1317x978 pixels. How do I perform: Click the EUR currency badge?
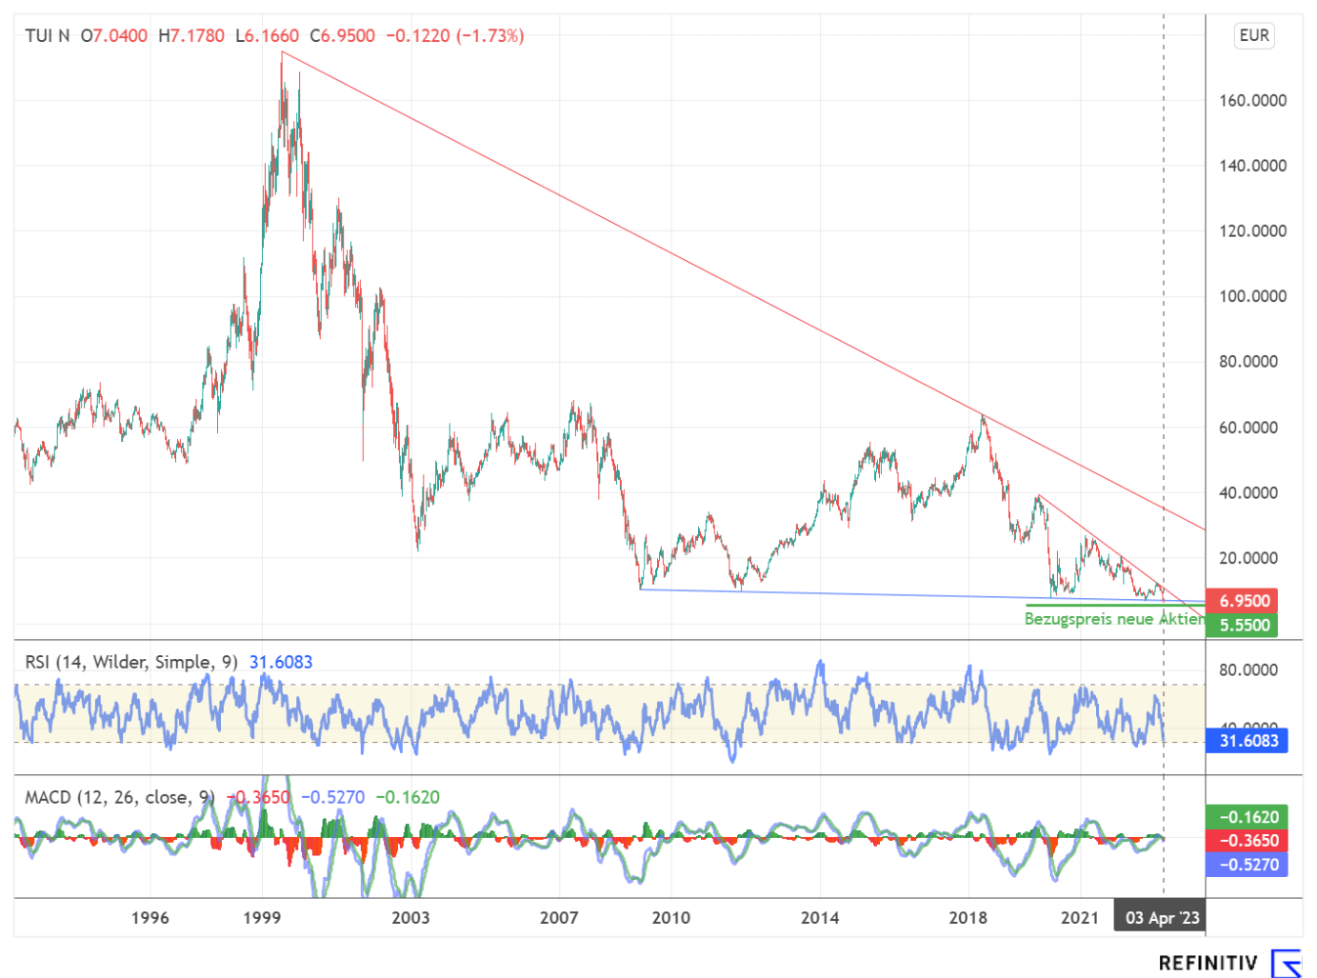tap(1253, 36)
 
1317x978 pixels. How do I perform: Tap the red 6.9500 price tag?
tap(1244, 601)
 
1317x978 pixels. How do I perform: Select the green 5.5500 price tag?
tap(1244, 626)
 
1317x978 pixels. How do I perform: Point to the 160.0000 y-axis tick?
tap(1252, 101)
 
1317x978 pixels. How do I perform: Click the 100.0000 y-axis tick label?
tap(1252, 296)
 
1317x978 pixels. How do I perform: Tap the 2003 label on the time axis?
tap(410, 918)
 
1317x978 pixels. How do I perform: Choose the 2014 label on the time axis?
tap(819, 918)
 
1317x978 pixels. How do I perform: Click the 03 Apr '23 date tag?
tap(1162, 918)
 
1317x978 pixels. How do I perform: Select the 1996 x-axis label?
tap(150, 918)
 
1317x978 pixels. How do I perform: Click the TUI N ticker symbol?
tap(48, 36)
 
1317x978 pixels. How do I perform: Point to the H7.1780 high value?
tap(191, 36)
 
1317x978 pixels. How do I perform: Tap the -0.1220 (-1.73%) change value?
tap(454, 36)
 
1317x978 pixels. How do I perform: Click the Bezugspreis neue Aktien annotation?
tap(1113, 619)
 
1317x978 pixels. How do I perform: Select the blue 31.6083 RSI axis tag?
tap(1247, 741)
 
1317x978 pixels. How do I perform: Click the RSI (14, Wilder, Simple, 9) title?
tap(131, 663)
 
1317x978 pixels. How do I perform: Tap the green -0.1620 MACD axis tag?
tap(1247, 817)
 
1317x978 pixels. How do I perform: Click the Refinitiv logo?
tap(1229, 963)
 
